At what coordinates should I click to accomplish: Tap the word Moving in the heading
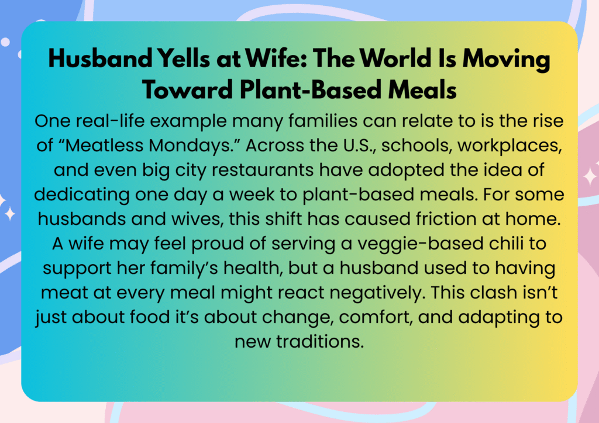[x=507, y=60]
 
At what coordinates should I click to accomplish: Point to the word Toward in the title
[x=187, y=90]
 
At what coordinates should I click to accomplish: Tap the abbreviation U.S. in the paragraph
[x=359, y=145]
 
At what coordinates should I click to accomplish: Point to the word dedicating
[x=82, y=195]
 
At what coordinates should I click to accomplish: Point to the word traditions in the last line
[x=320, y=341]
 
